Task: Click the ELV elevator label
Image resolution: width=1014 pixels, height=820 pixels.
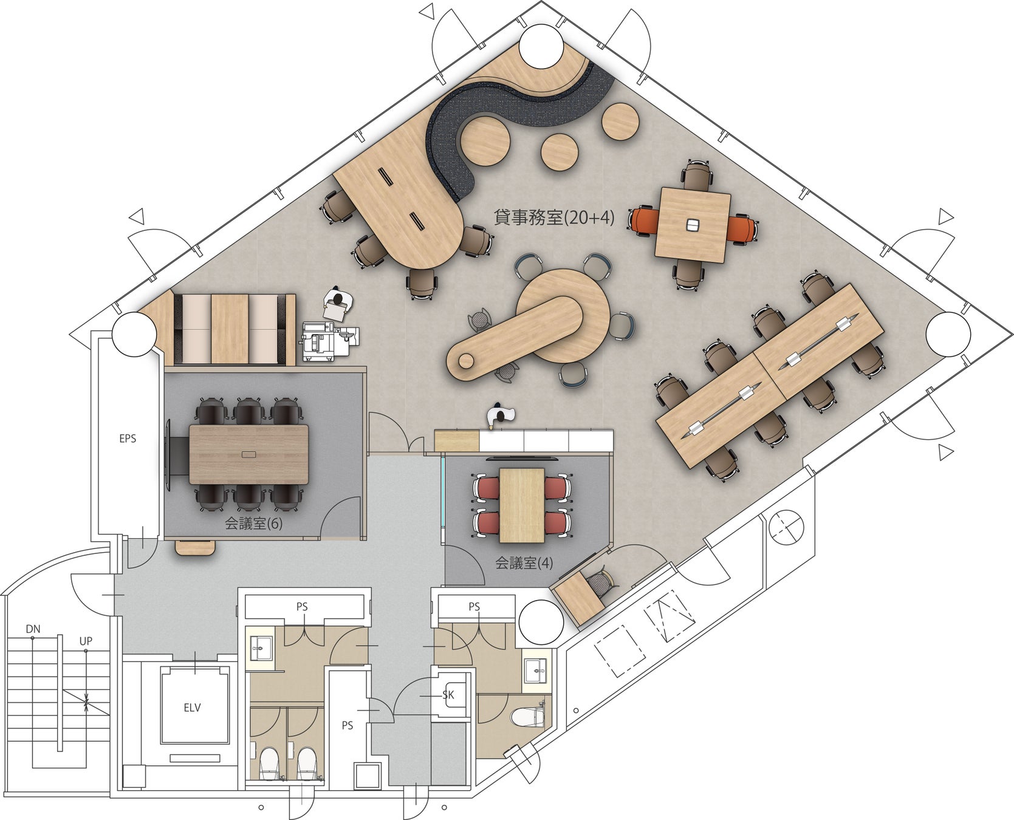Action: (x=192, y=708)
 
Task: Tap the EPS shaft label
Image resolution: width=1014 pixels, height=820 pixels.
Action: (x=128, y=439)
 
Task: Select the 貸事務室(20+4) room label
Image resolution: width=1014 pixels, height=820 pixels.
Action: (x=554, y=217)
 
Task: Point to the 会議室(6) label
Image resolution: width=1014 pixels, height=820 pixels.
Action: (x=253, y=523)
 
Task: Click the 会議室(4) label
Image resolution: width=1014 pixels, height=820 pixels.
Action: (x=524, y=563)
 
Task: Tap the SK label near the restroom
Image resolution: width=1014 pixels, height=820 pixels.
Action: (x=448, y=695)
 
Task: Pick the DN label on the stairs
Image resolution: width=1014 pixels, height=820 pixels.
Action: (x=33, y=629)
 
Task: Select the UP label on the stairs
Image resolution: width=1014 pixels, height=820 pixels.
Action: (x=86, y=641)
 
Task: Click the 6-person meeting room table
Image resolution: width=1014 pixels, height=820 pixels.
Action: (x=249, y=454)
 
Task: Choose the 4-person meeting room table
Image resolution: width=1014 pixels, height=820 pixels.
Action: (x=522, y=505)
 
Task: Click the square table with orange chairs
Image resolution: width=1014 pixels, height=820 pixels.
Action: (x=693, y=225)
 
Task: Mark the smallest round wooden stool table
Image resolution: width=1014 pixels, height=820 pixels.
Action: (x=559, y=151)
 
